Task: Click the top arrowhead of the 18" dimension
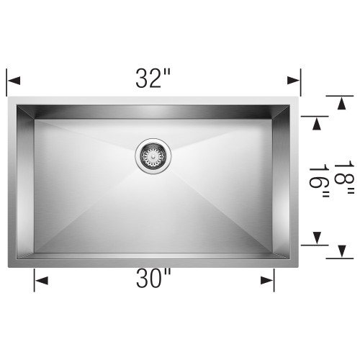(341, 103)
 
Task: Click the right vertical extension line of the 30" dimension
(274, 277)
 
